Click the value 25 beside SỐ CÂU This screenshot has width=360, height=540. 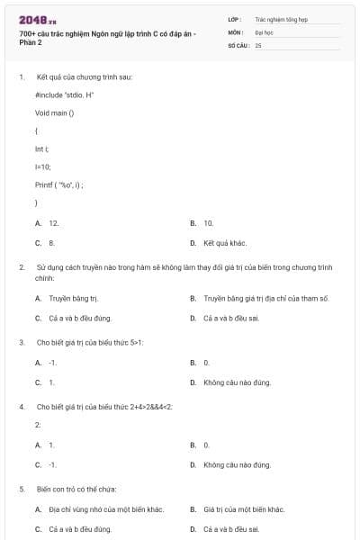[x=258, y=44]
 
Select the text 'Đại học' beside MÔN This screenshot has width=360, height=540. [x=264, y=31]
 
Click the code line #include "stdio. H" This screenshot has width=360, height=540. [x=65, y=94]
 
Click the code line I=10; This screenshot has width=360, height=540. [x=43, y=166]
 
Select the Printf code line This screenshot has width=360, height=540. [x=59, y=184]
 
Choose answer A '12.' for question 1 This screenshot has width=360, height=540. [x=54, y=222]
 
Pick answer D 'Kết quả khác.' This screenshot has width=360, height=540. [x=225, y=243]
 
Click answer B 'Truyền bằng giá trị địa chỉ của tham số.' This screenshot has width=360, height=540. [x=265, y=298]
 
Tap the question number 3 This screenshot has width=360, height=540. [x=22, y=342]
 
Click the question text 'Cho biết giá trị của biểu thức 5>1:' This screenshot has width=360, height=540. [x=90, y=342]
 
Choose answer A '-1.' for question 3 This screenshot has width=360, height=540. [x=52, y=362]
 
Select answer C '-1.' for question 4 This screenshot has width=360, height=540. [x=52, y=464]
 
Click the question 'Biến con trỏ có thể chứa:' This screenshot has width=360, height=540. [x=76, y=489]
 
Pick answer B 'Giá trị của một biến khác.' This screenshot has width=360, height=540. [x=243, y=509]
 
